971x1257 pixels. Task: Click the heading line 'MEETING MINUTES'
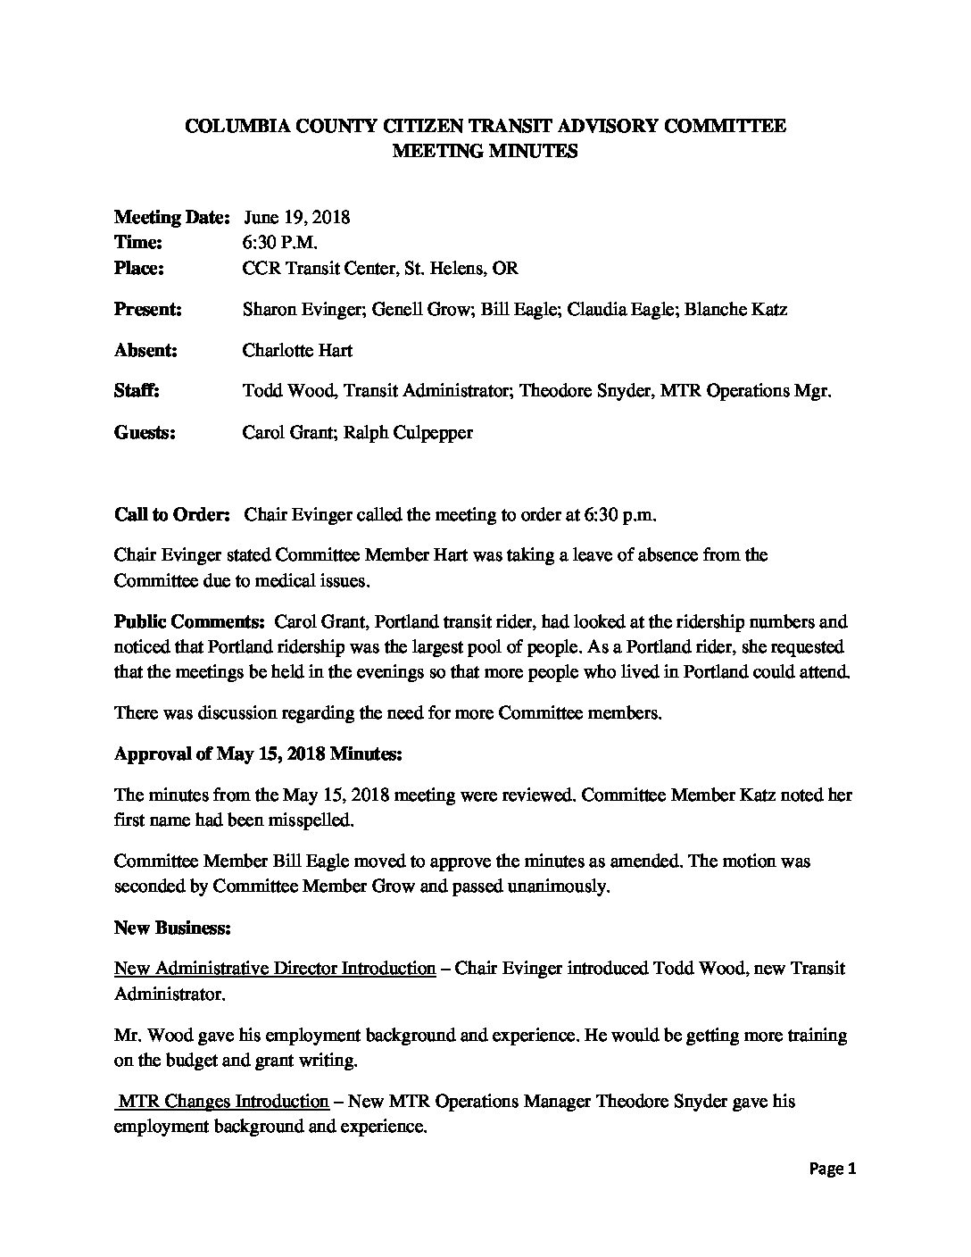click(485, 151)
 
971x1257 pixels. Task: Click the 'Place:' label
click(138, 268)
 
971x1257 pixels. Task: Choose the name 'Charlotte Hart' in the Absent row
click(296, 350)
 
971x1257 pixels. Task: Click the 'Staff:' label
click(137, 391)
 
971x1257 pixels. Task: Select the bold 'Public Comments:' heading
click(189, 621)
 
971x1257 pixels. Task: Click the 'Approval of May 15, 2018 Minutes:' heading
click(258, 754)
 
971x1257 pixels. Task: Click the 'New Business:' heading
click(172, 928)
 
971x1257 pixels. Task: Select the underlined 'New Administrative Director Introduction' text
click(275, 969)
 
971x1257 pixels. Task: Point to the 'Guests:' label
click(145, 433)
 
